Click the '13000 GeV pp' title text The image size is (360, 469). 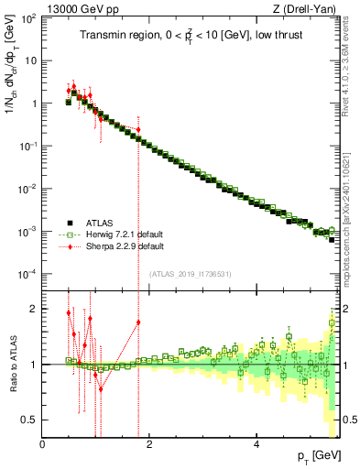click(81, 9)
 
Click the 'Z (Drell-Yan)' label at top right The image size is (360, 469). click(301, 9)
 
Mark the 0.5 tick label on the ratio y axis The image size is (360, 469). click(31, 420)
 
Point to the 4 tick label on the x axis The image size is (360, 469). click(256, 443)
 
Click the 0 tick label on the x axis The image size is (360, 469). click(43, 443)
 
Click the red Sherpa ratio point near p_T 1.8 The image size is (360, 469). click(138, 322)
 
